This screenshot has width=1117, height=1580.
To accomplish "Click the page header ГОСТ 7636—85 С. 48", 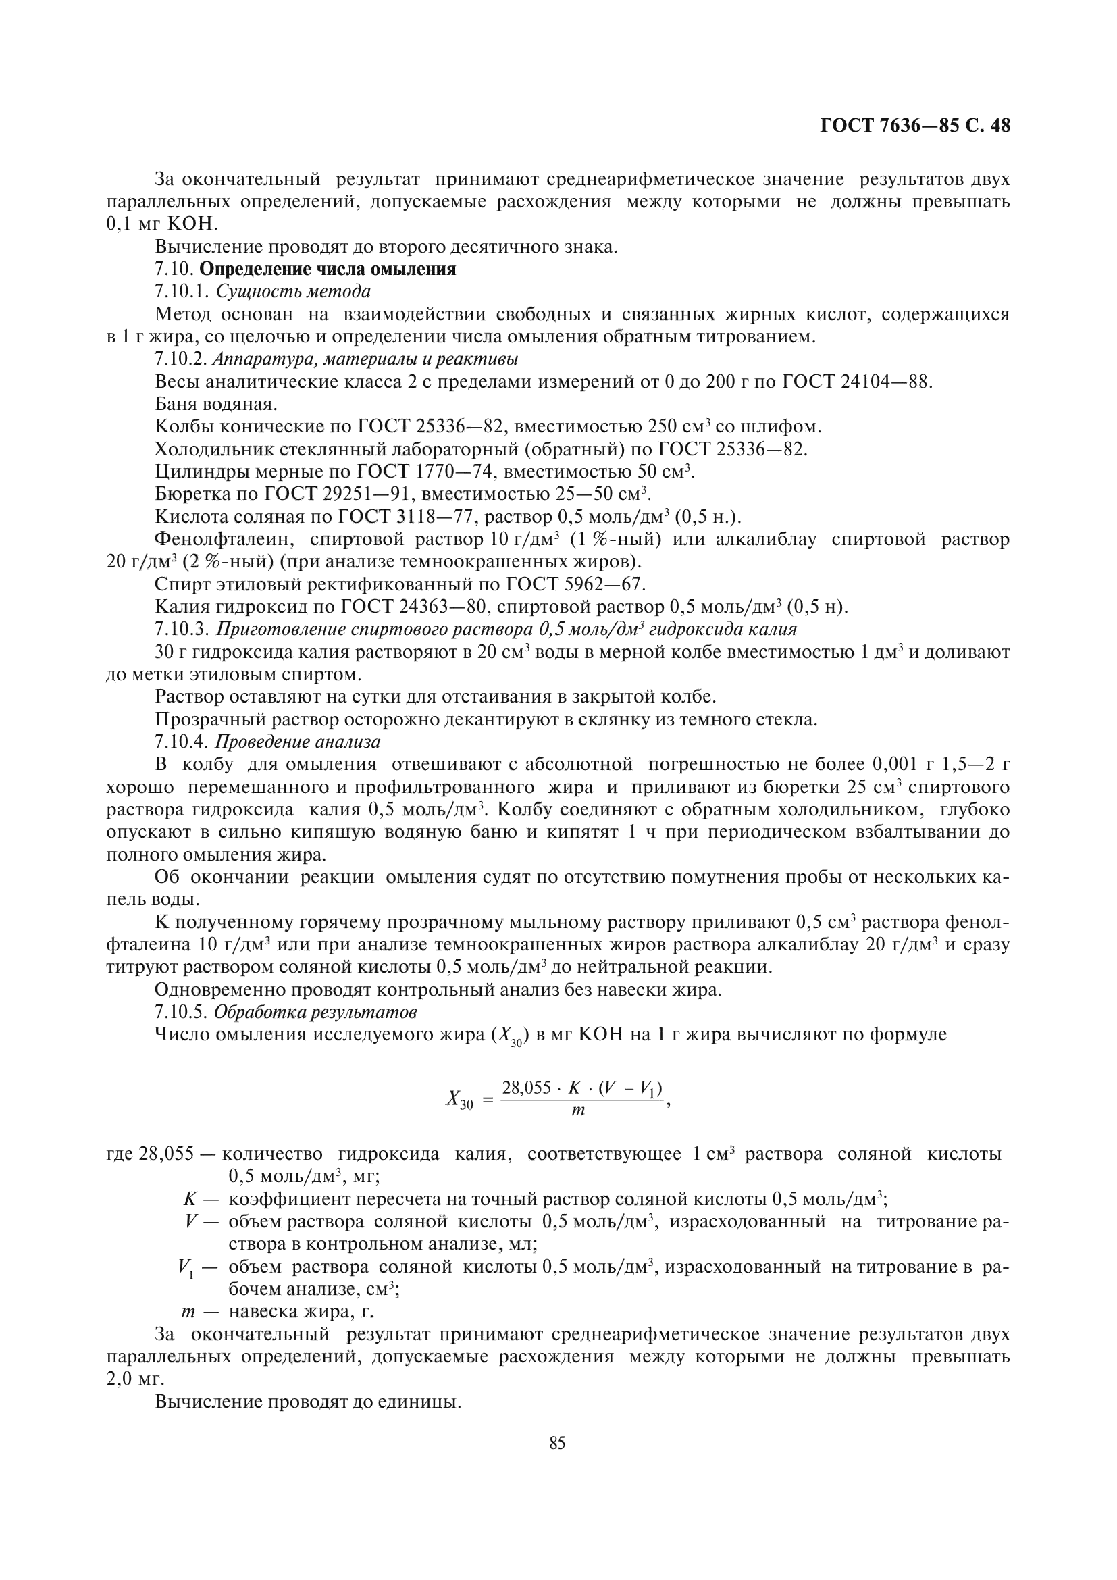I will click(915, 126).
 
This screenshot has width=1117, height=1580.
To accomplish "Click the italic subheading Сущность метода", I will click(293, 292).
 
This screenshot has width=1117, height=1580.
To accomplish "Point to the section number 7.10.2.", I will click(181, 359).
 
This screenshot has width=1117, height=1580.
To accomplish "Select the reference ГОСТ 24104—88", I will click(857, 382).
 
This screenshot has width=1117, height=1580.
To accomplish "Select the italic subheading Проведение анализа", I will click(298, 742).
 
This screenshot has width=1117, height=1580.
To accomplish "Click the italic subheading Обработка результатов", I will click(315, 1013).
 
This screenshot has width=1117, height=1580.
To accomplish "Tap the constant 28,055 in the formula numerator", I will click(526, 1088).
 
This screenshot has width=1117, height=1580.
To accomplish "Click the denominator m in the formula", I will click(578, 1110).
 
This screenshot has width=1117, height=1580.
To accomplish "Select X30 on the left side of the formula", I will click(459, 1100).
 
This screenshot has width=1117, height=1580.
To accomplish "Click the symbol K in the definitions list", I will click(190, 1200).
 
